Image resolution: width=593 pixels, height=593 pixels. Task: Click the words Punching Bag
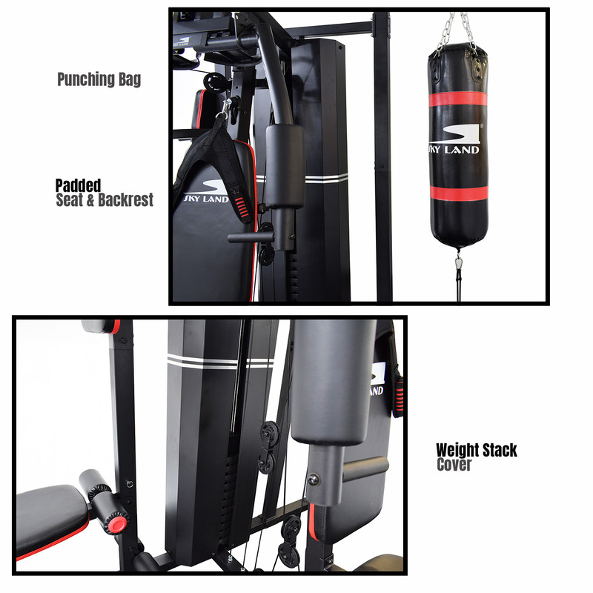(x=99, y=79)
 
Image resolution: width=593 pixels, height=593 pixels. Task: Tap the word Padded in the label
(x=79, y=185)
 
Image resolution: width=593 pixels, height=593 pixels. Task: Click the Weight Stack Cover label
(x=477, y=457)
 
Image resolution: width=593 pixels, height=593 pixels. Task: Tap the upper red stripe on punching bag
(x=457, y=99)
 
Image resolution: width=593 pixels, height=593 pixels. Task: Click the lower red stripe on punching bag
(x=459, y=193)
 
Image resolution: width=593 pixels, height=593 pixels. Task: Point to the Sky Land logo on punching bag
(x=454, y=139)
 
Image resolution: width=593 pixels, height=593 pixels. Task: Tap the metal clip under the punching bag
(x=459, y=262)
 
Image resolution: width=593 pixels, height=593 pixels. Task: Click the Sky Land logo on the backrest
(x=208, y=192)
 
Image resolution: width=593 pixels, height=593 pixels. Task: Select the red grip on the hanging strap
(x=242, y=208)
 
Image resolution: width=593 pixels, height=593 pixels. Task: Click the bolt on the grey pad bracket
(x=314, y=480)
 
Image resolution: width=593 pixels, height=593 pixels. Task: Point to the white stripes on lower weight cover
(x=220, y=362)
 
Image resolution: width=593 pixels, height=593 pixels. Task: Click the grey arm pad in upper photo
(x=285, y=165)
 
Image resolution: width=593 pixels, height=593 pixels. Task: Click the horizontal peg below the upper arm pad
(x=251, y=238)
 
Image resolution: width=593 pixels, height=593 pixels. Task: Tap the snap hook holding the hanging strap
(x=226, y=108)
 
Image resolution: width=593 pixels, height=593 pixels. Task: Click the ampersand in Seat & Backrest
(x=90, y=200)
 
